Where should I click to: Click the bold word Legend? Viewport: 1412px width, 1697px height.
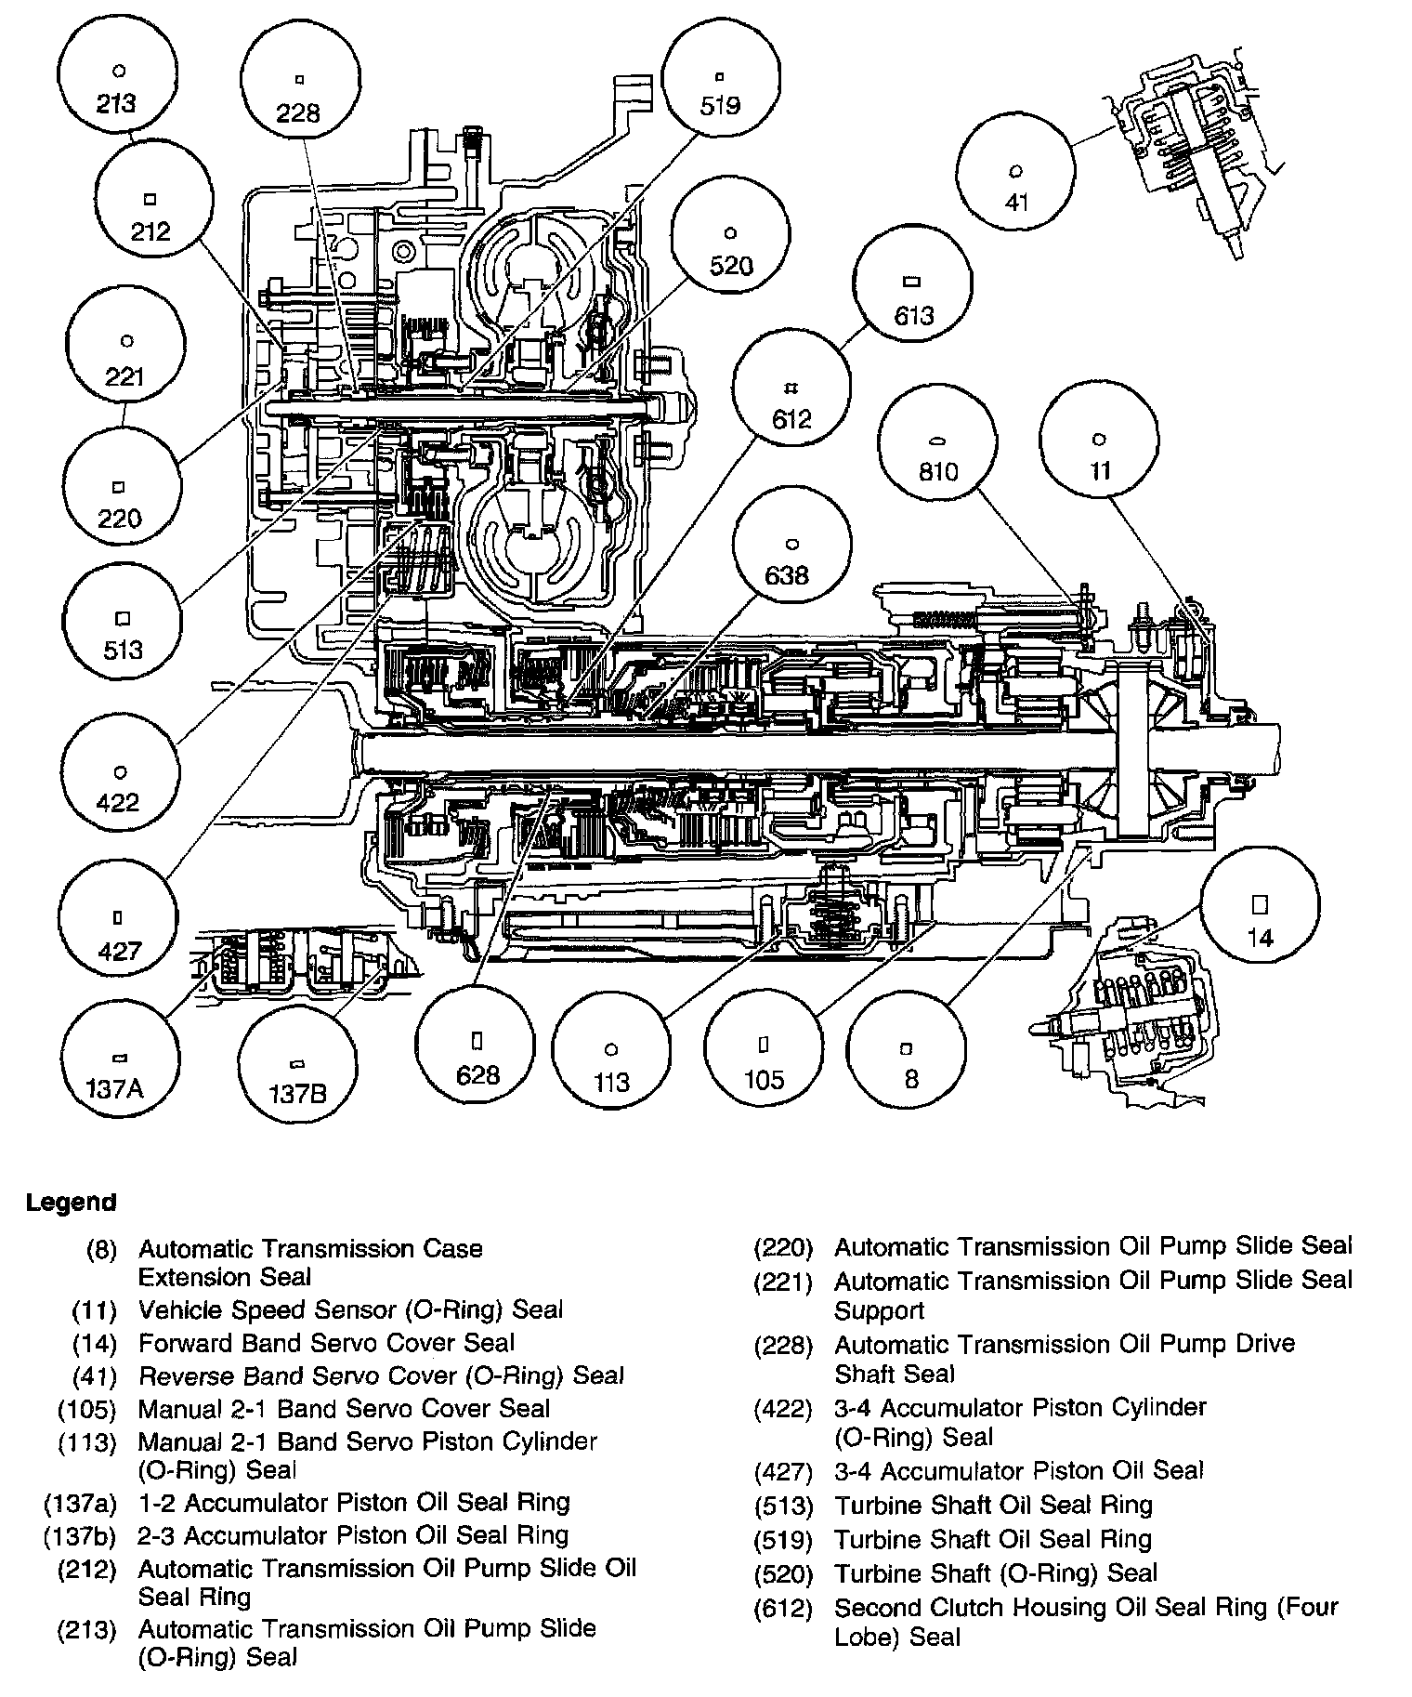[x=71, y=1202]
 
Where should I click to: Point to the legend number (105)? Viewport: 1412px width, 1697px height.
[x=86, y=1409]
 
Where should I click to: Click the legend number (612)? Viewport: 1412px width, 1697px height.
[x=782, y=1608]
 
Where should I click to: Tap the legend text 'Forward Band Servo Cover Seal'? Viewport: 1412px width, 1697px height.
[x=326, y=1342]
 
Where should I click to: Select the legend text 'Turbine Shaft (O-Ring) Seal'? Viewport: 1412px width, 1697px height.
[x=995, y=1573]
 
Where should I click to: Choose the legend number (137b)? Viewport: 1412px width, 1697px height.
[x=80, y=1535]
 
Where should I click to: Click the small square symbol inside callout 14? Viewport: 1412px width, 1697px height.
[x=1259, y=904]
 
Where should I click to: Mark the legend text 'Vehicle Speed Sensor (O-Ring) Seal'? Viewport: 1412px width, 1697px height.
[x=350, y=1309]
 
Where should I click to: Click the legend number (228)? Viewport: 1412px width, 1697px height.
[x=782, y=1345]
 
